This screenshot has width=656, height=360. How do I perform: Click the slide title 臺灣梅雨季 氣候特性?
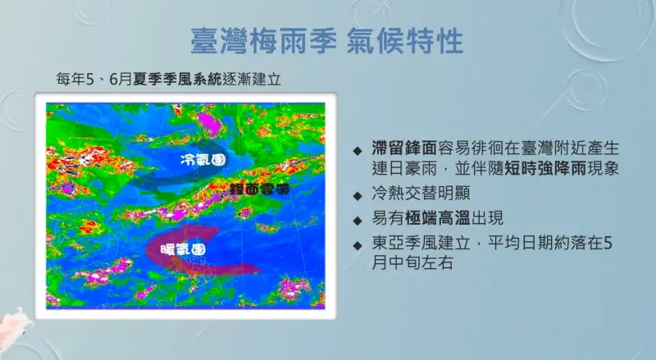tap(326, 41)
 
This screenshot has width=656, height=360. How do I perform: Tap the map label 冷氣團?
tap(203, 159)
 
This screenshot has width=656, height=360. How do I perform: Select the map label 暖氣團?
tap(183, 250)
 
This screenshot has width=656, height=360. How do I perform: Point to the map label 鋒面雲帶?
tap(260, 189)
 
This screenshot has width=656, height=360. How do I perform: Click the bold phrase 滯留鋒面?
tap(404, 148)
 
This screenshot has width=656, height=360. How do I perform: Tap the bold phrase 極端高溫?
tap(438, 218)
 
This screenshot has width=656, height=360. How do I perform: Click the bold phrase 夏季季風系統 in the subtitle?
tap(177, 79)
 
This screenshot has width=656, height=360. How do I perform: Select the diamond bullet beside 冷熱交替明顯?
tap(358, 195)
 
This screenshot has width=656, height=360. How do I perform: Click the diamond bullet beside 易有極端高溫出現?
tap(358, 221)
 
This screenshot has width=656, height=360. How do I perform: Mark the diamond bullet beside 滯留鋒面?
tap(358, 151)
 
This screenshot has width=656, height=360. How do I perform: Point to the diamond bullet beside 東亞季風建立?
tap(358, 245)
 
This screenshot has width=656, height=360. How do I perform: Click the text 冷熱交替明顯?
tap(421, 193)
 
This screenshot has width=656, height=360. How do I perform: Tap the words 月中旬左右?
tap(412, 263)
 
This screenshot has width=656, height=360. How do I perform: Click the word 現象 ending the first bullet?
tap(603, 169)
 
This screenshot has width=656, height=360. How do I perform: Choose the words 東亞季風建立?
tap(421, 243)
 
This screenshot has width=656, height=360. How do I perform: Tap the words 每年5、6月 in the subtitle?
tap(94, 79)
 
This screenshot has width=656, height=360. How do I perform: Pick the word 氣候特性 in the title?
tap(405, 41)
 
